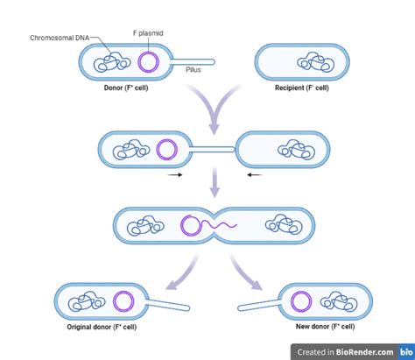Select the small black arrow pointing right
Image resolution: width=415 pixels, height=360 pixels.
pos(175,175)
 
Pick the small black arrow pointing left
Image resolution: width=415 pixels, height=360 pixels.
pos(253,175)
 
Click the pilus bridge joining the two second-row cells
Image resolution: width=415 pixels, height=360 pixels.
pos(214,150)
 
